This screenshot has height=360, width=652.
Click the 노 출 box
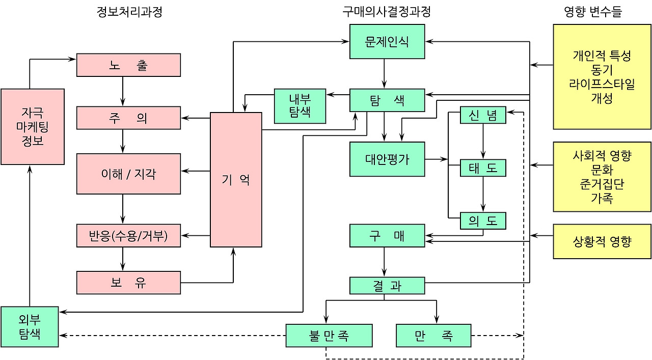(x=128, y=65)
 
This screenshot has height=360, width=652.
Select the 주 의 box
(x=128, y=118)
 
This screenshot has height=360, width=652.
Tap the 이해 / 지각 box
(x=128, y=174)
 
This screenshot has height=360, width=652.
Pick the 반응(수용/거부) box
(x=128, y=236)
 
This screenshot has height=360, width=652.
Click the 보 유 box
(x=128, y=283)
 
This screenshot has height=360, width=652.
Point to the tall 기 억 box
(x=236, y=180)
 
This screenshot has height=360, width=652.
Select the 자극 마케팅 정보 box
(x=33, y=127)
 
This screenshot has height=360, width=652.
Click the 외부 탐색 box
(x=30, y=327)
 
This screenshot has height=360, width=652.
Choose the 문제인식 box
(x=387, y=41)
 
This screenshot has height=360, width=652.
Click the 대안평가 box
(x=387, y=159)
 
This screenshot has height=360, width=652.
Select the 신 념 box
(x=483, y=115)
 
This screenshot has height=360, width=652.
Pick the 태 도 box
(x=483, y=168)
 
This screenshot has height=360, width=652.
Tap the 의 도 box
(x=483, y=221)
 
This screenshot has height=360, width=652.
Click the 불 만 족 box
(x=329, y=336)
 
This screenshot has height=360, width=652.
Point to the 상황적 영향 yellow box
(x=602, y=241)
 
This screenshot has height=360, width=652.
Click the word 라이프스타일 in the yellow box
(x=602, y=84)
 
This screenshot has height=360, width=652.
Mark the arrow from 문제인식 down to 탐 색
(x=385, y=74)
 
